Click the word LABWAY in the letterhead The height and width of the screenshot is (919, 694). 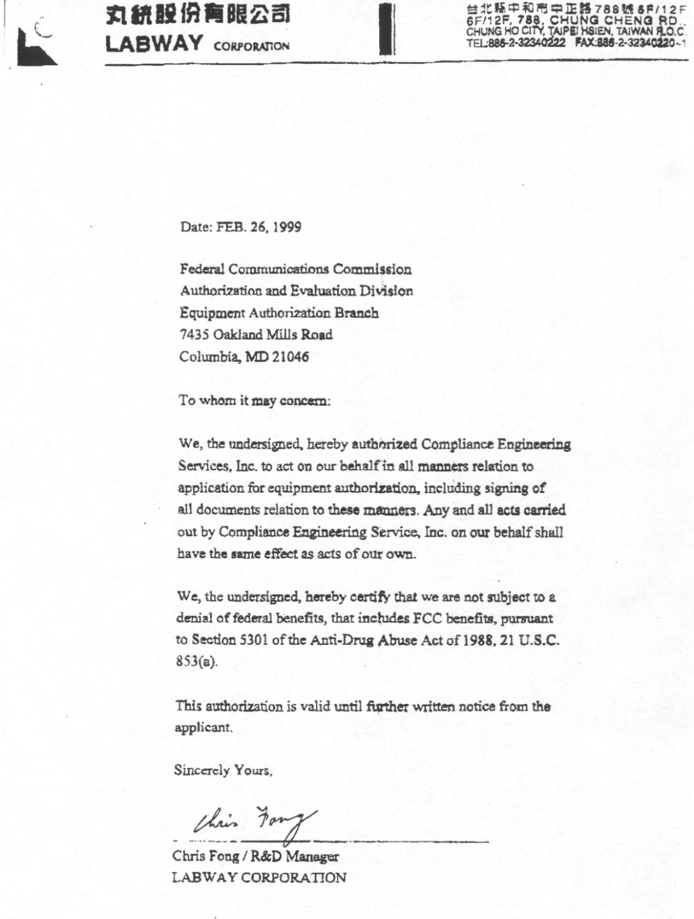click(153, 44)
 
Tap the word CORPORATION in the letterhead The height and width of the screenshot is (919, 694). click(252, 46)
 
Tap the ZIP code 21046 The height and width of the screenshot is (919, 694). click(291, 357)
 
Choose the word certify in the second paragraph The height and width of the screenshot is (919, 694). click(370, 597)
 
